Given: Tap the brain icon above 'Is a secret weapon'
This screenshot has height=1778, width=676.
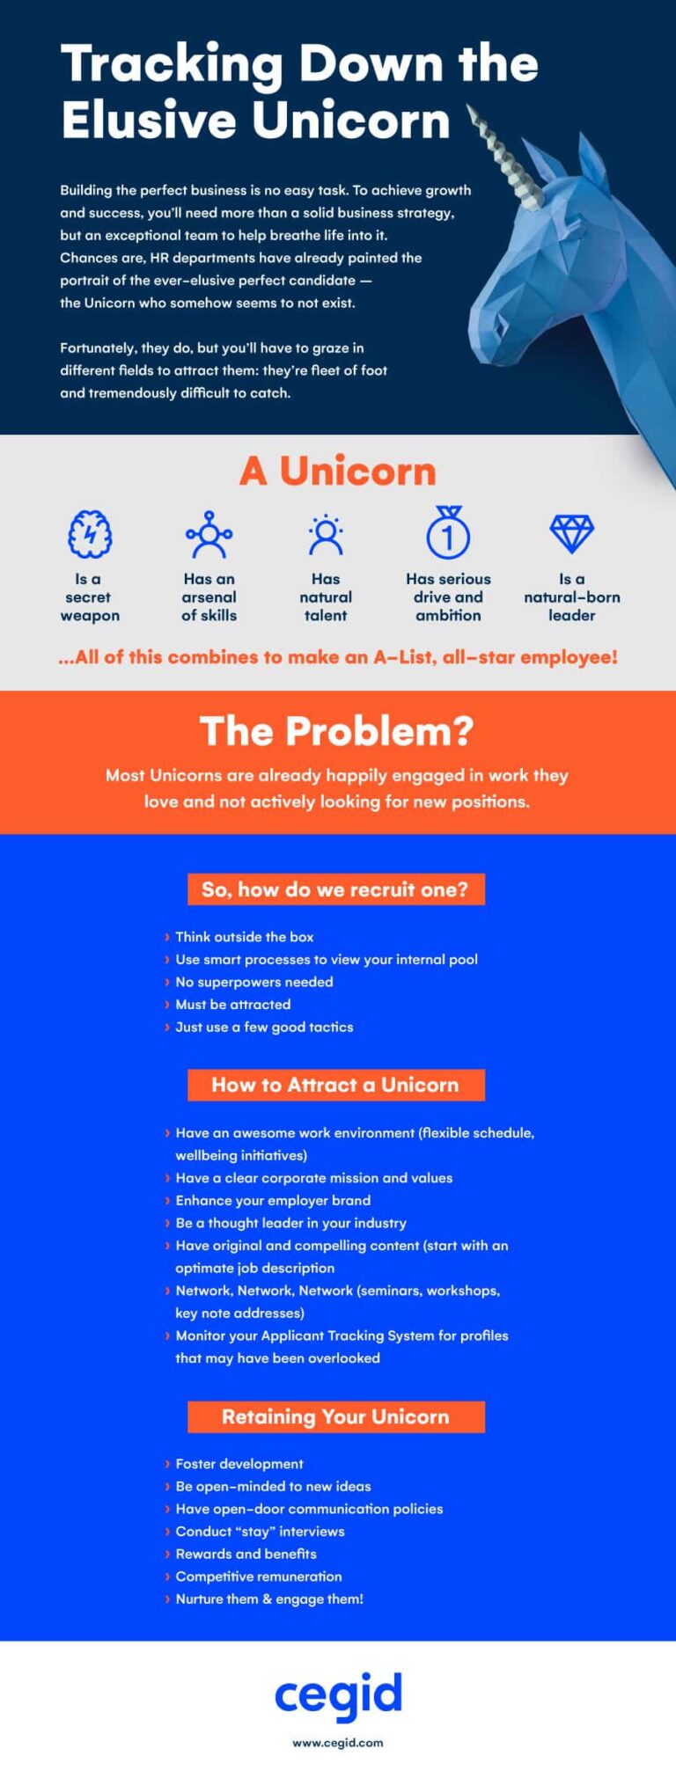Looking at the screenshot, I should [x=90, y=534].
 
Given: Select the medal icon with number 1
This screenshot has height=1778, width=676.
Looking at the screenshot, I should [x=448, y=533].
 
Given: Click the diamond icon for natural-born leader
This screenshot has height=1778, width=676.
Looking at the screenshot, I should [x=571, y=533].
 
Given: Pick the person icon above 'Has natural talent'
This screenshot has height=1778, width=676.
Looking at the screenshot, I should [x=326, y=535].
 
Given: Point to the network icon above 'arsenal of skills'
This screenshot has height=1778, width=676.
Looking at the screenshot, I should [x=209, y=534].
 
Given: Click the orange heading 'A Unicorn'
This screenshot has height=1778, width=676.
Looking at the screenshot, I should [x=337, y=472].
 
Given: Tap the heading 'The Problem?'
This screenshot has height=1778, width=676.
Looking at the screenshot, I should [x=337, y=731].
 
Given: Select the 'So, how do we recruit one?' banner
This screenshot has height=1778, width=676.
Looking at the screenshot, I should [x=335, y=889].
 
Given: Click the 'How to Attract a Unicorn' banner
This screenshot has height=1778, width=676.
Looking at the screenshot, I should [x=335, y=1085].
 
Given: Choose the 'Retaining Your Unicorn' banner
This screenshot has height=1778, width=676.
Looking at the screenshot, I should [x=335, y=1416].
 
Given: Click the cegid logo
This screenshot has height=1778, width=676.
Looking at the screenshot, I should [x=338, y=1694].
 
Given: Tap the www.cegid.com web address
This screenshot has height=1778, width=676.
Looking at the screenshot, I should [x=338, y=1742].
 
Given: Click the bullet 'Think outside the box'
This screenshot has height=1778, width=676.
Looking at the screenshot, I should [x=244, y=937].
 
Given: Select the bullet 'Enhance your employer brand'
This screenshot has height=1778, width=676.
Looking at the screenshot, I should [x=273, y=1200].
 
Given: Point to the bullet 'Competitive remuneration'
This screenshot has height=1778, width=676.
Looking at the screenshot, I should [x=258, y=1576].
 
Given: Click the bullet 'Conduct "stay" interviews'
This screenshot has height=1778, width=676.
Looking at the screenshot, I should [x=260, y=1531].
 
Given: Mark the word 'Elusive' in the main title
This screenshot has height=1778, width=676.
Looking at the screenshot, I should [x=144, y=121].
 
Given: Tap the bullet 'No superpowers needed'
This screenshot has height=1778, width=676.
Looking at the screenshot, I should [x=253, y=982].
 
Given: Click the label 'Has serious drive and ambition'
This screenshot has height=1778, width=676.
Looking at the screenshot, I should [x=448, y=597].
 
